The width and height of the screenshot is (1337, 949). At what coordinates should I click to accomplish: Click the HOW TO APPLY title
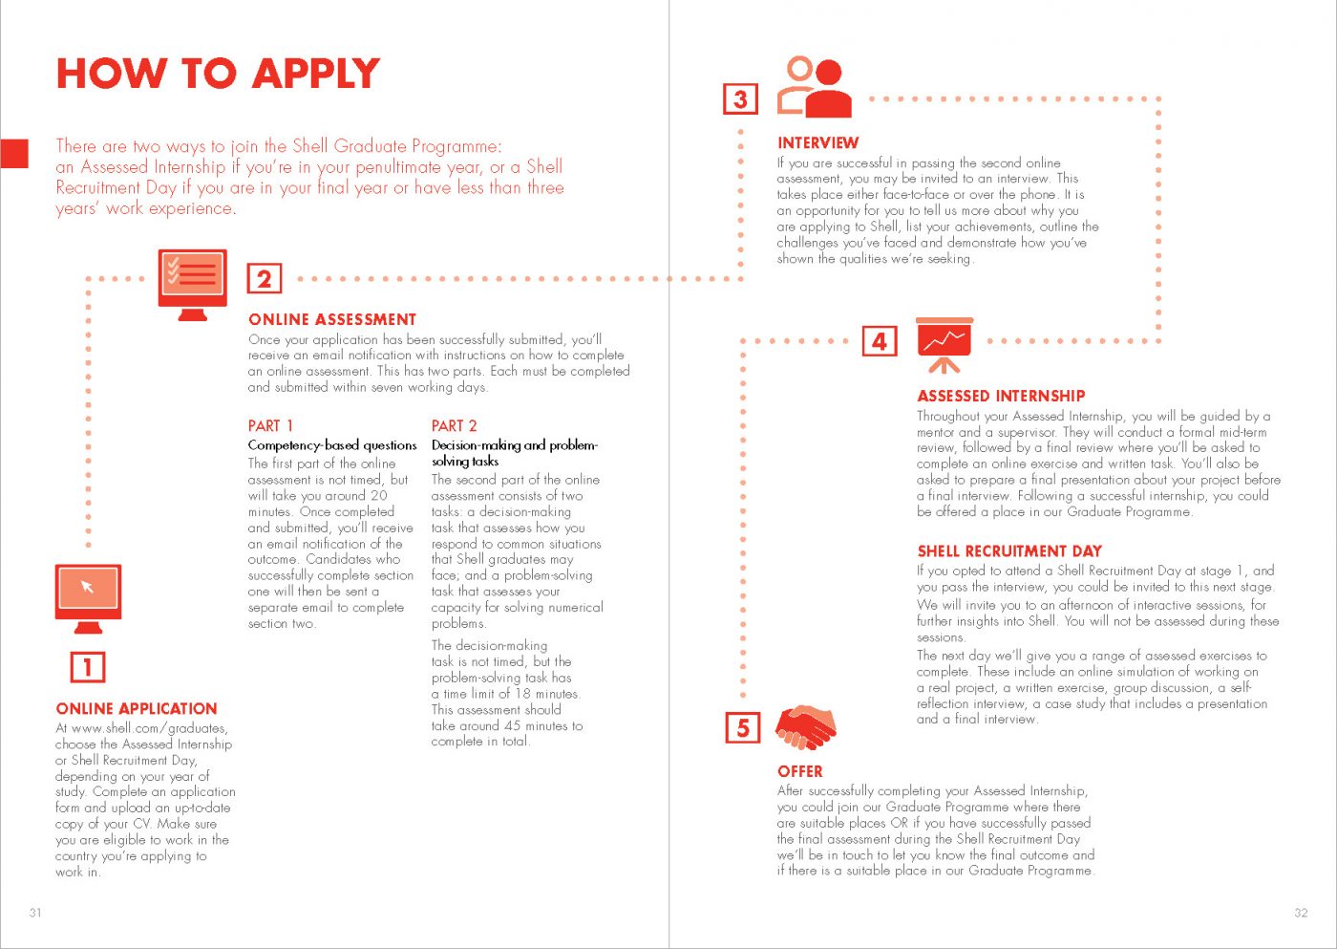(x=218, y=74)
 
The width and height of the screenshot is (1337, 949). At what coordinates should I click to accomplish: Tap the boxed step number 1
(x=88, y=666)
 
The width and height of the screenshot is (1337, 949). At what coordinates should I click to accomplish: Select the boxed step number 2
(x=265, y=278)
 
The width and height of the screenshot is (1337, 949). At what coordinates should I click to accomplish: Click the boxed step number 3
(x=740, y=98)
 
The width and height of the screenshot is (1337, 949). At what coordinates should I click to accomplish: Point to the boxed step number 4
(x=880, y=341)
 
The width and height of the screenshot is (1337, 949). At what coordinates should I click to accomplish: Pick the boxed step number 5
(x=743, y=727)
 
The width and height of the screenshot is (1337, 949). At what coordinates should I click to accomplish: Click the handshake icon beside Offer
(x=805, y=727)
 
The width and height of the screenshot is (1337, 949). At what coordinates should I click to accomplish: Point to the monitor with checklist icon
(x=193, y=284)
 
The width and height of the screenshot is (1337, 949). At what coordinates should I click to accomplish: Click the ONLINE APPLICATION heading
(x=137, y=708)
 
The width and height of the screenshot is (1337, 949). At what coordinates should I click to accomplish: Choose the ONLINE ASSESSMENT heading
(x=332, y=319)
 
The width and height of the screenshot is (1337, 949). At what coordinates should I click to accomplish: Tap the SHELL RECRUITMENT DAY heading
(x=1009, y=550)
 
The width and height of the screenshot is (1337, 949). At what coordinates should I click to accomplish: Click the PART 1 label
(x=270, y=425)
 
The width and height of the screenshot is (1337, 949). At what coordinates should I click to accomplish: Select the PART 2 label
(x=454, y=425)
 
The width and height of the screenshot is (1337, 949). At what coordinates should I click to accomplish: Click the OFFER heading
(x=799, y=771)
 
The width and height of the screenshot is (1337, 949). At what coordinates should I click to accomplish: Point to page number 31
(x=35, y=912)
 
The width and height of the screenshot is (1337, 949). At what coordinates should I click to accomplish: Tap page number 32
(x=1301, y=912)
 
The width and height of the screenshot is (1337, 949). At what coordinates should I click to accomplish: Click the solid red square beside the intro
(x=13, y=154)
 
